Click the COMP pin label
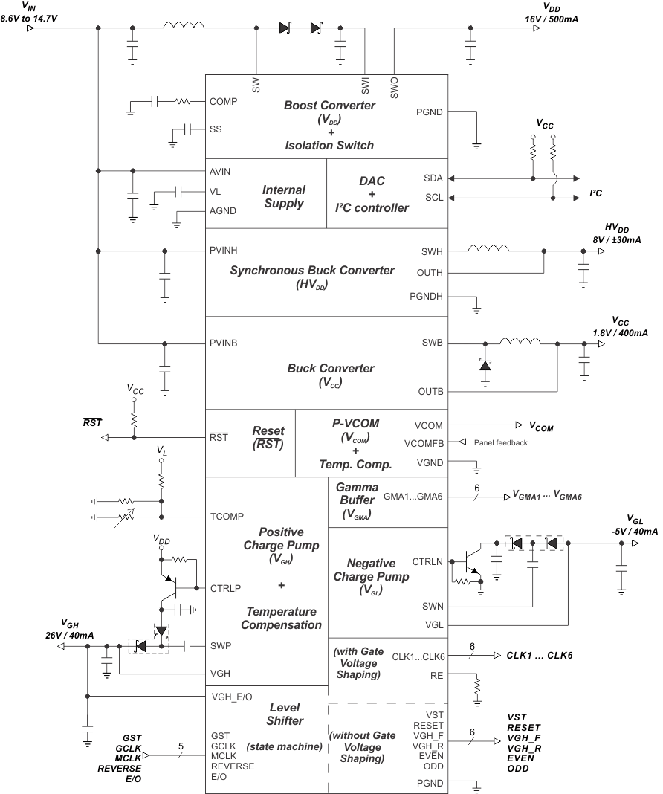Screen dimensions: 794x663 coord(224,101)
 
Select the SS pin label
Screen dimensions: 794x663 coord(216,129)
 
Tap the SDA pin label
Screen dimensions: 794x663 coord(434,178)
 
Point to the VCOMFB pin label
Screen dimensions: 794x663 coord(424,443)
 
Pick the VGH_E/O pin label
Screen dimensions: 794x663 coord(232,697)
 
